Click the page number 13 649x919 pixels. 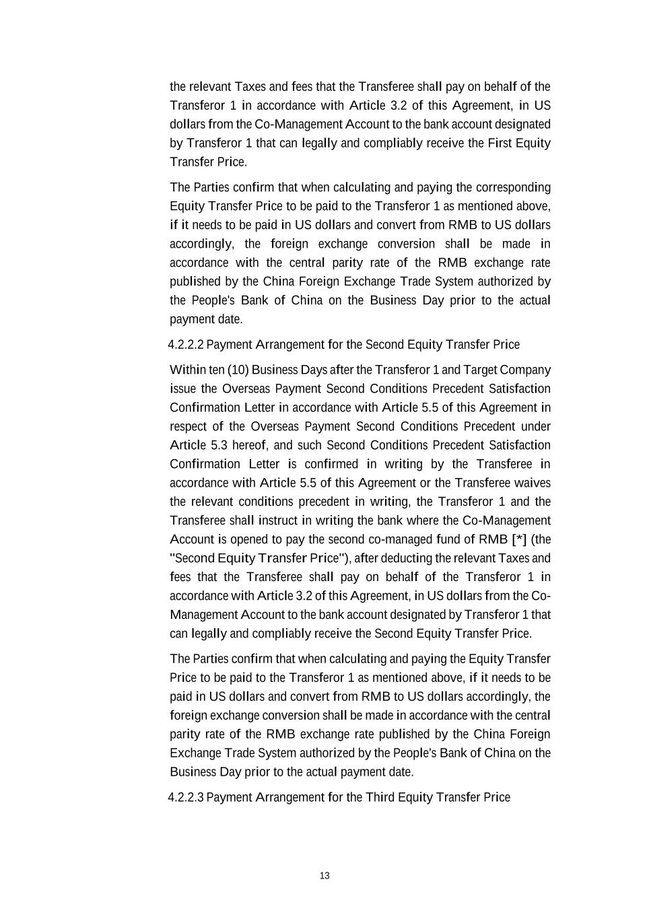click(324, 876)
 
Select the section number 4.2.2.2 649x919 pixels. click(185, 345)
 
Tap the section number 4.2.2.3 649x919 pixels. click(185, 798)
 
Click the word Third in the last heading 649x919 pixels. click(380, 798)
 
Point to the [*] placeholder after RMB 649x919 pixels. click(519, 539)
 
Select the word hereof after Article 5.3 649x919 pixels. click(250, 446)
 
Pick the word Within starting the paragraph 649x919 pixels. click(188, 370)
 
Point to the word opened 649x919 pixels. click(252, 540)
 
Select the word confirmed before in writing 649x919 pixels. click(331, 465)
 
